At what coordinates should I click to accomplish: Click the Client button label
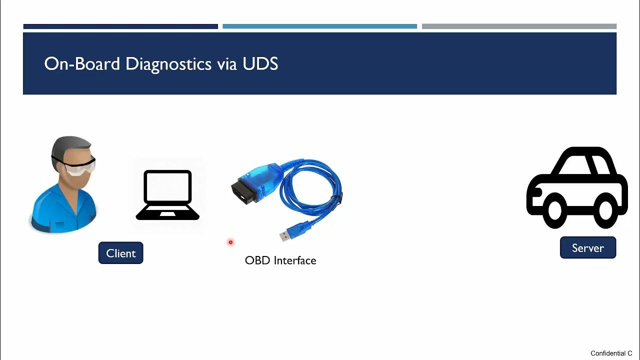pos(120,253)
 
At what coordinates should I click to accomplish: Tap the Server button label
pos(587,248)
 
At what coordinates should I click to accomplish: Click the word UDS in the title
pos(260,64)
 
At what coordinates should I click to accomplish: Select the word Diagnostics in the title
pos(168,64)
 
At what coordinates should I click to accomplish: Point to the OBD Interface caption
pos(280,260)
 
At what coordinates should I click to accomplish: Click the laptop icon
pos(167,195)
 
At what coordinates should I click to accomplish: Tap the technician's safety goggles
pos(80,166)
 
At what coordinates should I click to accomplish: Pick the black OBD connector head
pos(242,191)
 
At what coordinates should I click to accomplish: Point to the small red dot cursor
pos(230,242)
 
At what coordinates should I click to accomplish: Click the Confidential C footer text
pos(611,353)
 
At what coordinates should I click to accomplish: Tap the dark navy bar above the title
pos(120,26)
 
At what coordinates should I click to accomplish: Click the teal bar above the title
pos(319,26)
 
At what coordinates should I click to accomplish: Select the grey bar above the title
pos(519,26)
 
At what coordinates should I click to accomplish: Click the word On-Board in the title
pos(82,64)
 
